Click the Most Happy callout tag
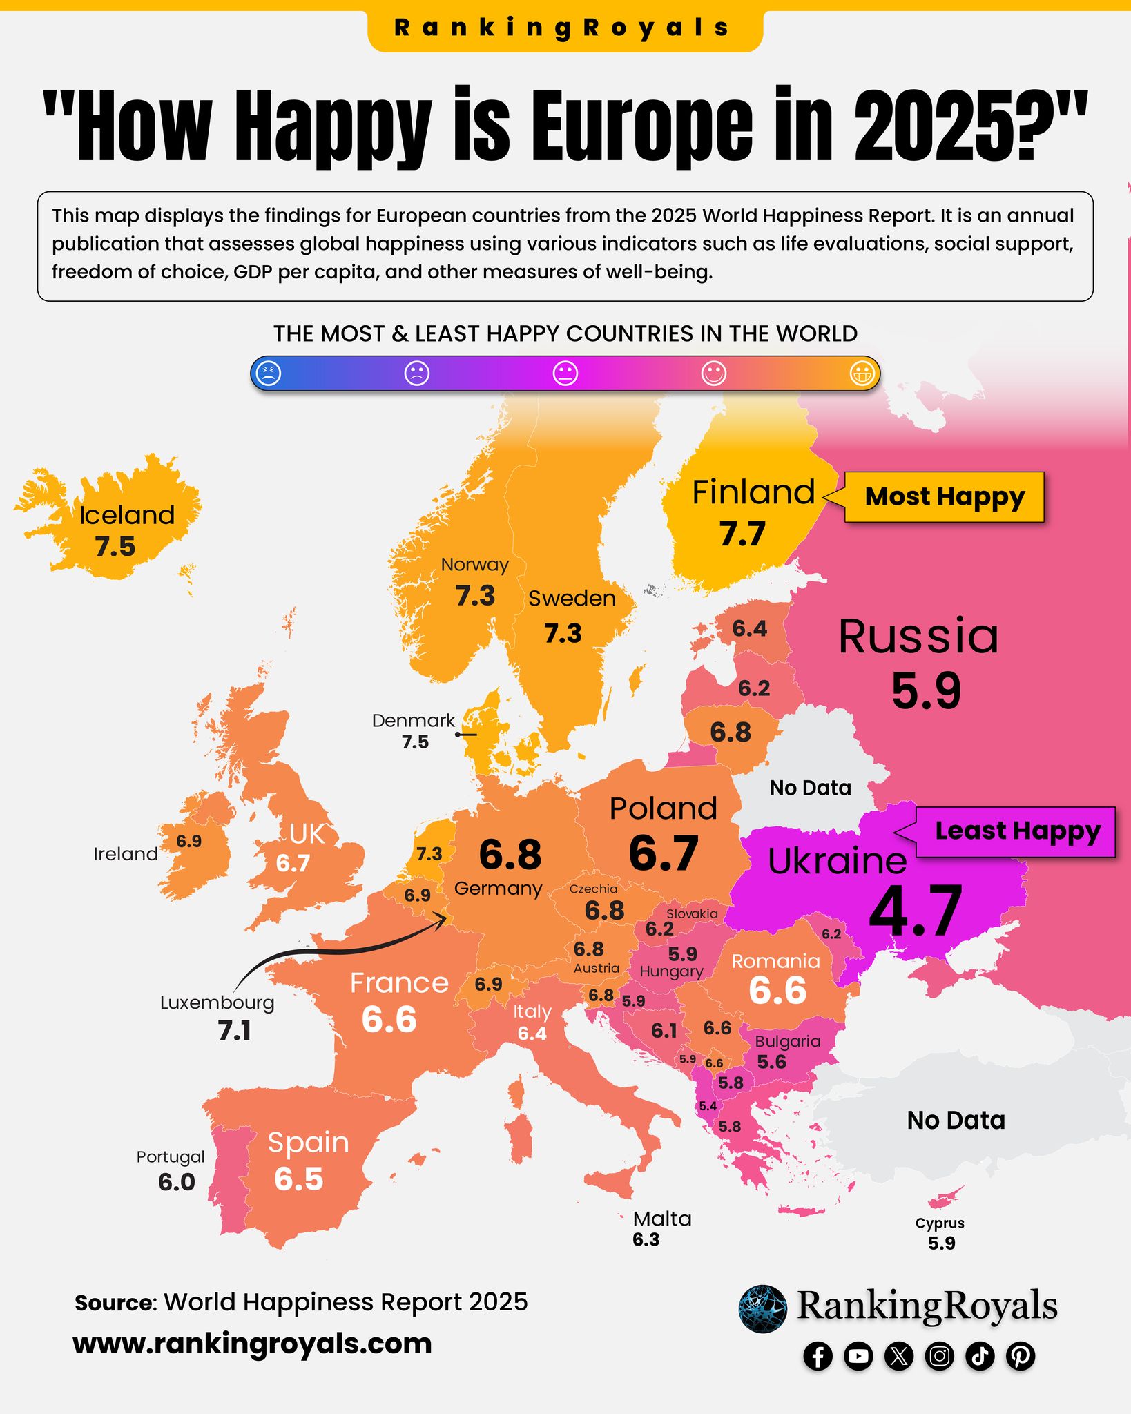(x=944, y=497)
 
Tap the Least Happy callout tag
(x=1016, y=831)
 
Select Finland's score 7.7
(x=742, y=534)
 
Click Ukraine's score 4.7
(x=916, y=911)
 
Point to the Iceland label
(x=127, y=515)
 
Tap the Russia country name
(x=918, y=636)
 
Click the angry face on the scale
(x=269, y=374)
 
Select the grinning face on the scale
(x=862, y=374)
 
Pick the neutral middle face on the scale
(x=565, y=374)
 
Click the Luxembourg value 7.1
(x=235, y=1031)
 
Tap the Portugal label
(x=171, y=1156)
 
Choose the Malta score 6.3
(x=646, y=1239)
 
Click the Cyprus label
(x=940, y=1223)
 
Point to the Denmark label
(x=413, y=721)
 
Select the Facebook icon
(x=818, y=1357)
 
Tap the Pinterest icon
(x=1021, y=1357)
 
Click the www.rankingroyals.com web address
(x=253, y=1344)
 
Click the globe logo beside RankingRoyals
(x=762, y=1308)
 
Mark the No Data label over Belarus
(x=810, y=788)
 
